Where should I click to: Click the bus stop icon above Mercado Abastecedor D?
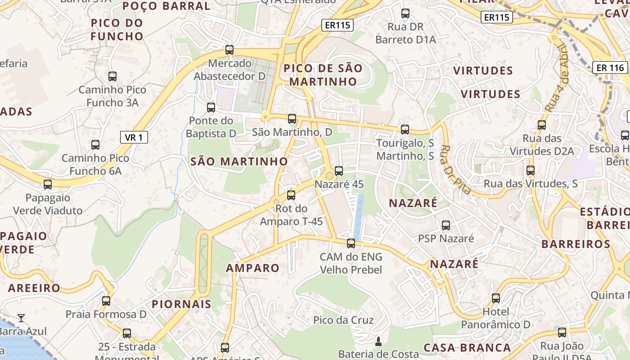(229, 50)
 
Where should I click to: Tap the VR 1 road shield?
(134, 137)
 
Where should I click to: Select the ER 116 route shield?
(610, 68)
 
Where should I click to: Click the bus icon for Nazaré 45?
(339, 171)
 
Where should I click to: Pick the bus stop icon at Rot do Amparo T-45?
(291, 195)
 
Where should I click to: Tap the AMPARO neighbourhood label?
(252, 268)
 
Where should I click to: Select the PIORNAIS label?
(181, 304)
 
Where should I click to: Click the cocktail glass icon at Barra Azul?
(21, 318)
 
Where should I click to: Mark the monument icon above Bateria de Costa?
(378, 342)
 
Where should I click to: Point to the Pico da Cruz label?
(343, 320)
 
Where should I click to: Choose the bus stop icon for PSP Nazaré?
(446, 225)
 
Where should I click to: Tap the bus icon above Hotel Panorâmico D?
(496, 298)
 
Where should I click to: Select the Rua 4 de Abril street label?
(557, 79)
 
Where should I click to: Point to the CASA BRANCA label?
(467, 348)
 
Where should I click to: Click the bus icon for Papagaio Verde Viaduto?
(48, 184)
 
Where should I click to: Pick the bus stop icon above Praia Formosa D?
(106, 301)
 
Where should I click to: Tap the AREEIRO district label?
(34, 288)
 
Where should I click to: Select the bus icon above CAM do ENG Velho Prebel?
(351, 244)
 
